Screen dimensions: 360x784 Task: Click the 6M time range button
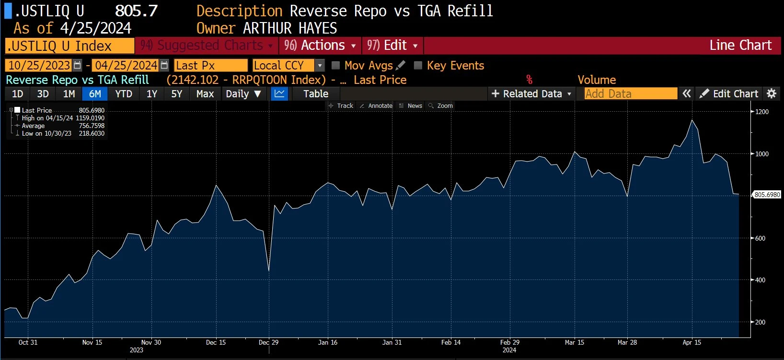(x=95, y=94)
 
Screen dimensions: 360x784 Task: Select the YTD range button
(x=124, y=94)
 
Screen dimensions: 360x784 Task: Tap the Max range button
(x=205, y=94)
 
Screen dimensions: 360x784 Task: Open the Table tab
(x=316, y=94)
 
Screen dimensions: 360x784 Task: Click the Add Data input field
(x=631, y=94)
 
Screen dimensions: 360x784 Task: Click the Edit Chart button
(x=729, y=94)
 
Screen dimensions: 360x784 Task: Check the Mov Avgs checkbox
(x=336, y=65)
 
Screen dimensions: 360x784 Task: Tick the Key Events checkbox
(x=418, y=65)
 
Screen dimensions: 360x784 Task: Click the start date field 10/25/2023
(x=39, y=65)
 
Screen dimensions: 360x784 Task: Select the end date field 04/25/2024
(x=126, y=65)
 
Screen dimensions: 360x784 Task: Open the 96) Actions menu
(x=320, y=46)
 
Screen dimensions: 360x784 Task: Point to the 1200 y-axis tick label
(x=761, y=112)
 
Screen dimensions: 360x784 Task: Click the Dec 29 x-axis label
(x=268, y=342)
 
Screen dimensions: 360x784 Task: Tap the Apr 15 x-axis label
(x=692, y=342)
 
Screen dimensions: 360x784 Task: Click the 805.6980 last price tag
(x=767, y=195)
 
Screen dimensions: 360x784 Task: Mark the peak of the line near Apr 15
(x=692, y=120)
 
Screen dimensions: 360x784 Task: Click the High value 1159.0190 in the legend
(x=90, y=118)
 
